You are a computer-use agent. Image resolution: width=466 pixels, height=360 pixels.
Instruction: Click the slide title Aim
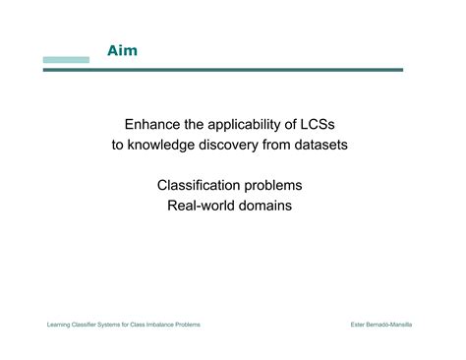(x=122, y=50)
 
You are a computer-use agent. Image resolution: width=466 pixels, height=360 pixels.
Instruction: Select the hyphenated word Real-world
(x=203, y=206)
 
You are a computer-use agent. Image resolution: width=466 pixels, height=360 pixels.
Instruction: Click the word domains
(x=266, y=206)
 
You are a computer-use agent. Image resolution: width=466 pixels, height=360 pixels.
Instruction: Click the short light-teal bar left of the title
(x=66, y=60)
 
